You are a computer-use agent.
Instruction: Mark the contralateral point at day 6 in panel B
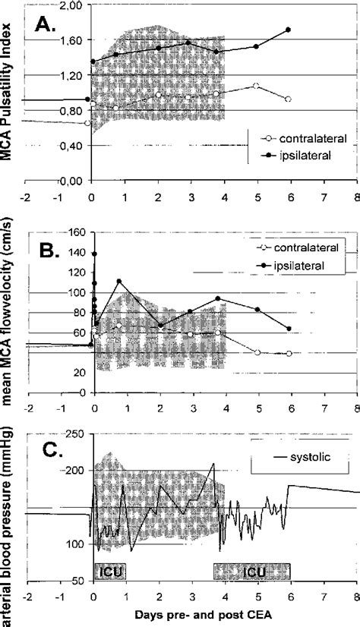pos(289,353)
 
